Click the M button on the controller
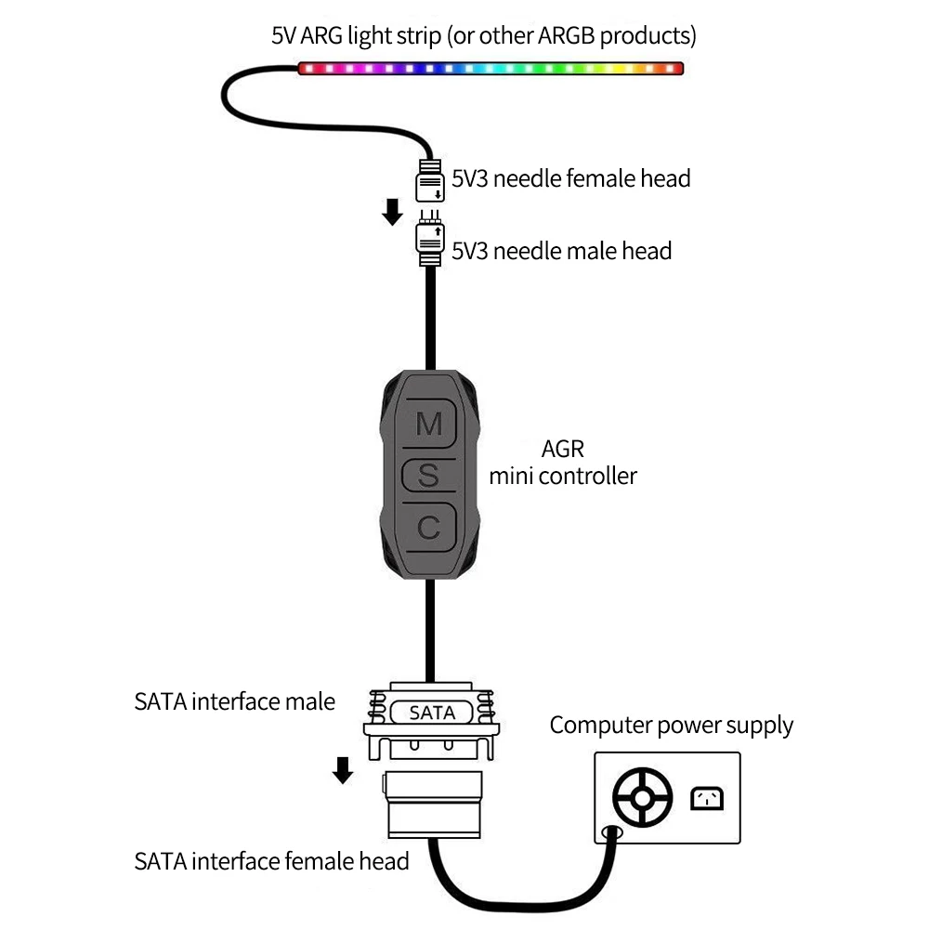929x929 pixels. (428, 424)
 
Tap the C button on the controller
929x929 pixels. (428, 528)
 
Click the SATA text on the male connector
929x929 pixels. (432, 713)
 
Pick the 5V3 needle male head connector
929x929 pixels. (429, 243)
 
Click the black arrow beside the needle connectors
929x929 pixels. (393, 212)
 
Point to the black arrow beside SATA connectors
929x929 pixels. (343, 769)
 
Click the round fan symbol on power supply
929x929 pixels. (642, 797)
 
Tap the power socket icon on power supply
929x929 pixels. (706, 798)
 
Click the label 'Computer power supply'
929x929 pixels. (672, 725)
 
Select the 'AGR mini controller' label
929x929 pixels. (563, 463)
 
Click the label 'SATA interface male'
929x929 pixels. (234, 701)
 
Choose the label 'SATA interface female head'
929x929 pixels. (271, 861)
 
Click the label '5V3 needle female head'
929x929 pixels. (570, 178)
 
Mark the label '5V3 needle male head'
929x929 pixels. (561, 250)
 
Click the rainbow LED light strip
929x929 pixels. (490, 69)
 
